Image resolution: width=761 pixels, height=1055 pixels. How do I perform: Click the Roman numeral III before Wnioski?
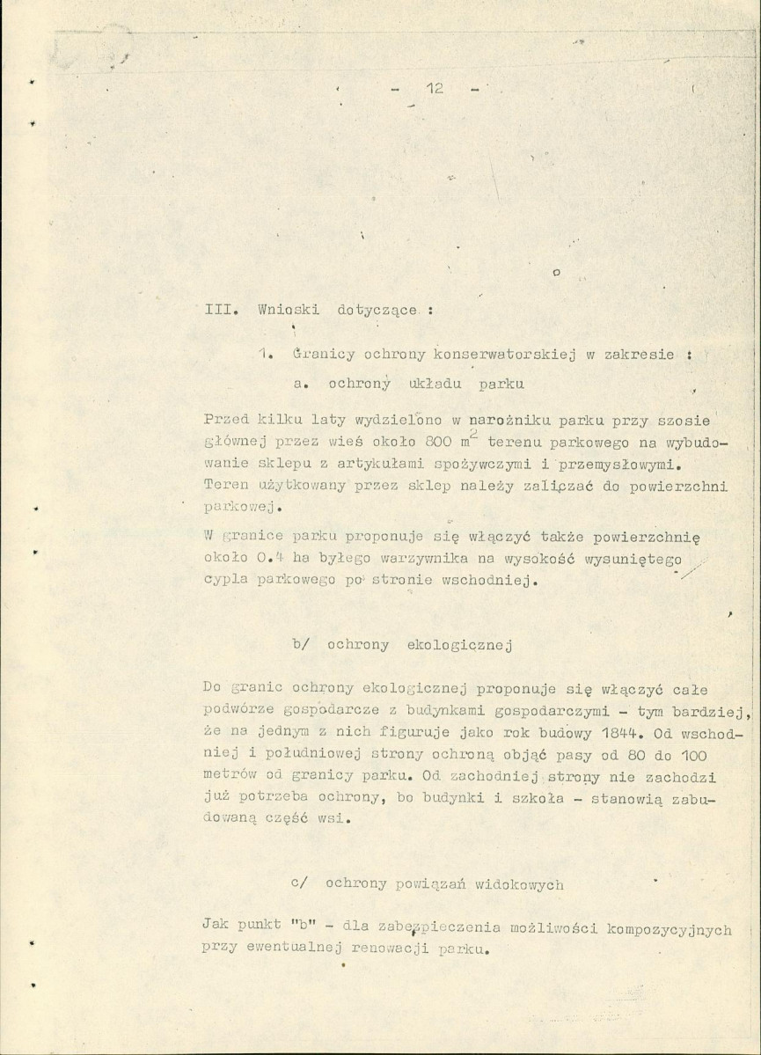point(216,310)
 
